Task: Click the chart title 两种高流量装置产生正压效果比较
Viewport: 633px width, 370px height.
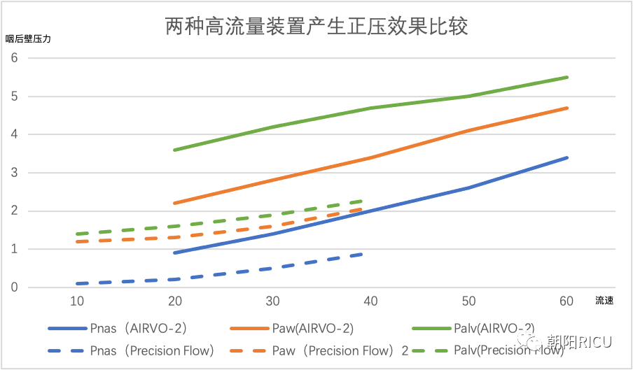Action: click(x=316, y=27)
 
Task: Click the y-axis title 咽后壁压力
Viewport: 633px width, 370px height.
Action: click(x=28, y=39)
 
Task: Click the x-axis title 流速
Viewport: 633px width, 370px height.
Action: click(x=604, y=301)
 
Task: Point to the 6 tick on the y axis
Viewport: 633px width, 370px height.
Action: click(x=14, y=58)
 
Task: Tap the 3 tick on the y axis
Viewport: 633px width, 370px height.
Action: click(x=14, y=173)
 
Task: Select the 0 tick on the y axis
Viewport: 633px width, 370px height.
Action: click(x=14, y=287)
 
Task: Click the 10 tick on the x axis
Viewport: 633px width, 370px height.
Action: click(x=77, y=301)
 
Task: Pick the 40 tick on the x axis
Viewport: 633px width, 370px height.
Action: click(x=371, y=301)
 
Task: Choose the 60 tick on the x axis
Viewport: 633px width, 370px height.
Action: click(x=567, y=301)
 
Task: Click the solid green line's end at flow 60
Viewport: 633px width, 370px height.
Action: click(x=567, y=77)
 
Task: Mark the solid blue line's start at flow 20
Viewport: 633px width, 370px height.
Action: click(x=175, y=252)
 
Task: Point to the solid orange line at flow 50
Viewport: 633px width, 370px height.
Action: click(x=469, y=131)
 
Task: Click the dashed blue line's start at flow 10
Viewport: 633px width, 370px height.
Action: click(x=77, y=283)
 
